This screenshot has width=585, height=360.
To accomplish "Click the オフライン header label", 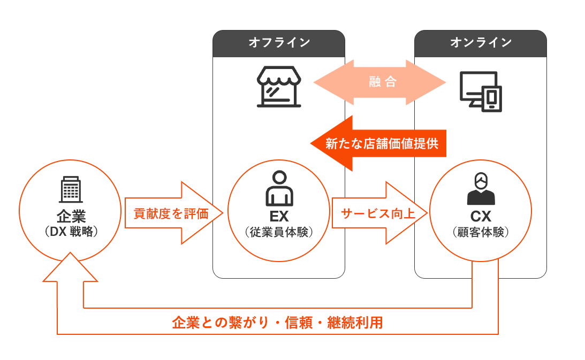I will click(x=278, y=43).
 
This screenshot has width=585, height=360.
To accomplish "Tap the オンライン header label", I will click(x=480, y=43).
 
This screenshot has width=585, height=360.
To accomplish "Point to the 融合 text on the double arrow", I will click(x=382, y=82).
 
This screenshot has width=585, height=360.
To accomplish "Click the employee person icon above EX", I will click(x=279, y=188).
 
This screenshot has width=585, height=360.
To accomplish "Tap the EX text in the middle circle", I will click(x=279, y=217).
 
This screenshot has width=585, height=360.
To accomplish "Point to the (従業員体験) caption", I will click(x=279, y=232).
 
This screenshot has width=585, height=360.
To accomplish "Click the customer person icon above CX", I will click(x=481, y=188).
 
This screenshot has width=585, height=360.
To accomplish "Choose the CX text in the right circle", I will click(x=481, y=217).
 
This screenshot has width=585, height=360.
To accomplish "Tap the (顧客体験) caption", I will click(x=481, y=232).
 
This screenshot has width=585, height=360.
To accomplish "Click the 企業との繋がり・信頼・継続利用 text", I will click(x=277, y=323).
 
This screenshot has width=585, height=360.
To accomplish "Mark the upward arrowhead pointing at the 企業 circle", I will click(x=70, y=267).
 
